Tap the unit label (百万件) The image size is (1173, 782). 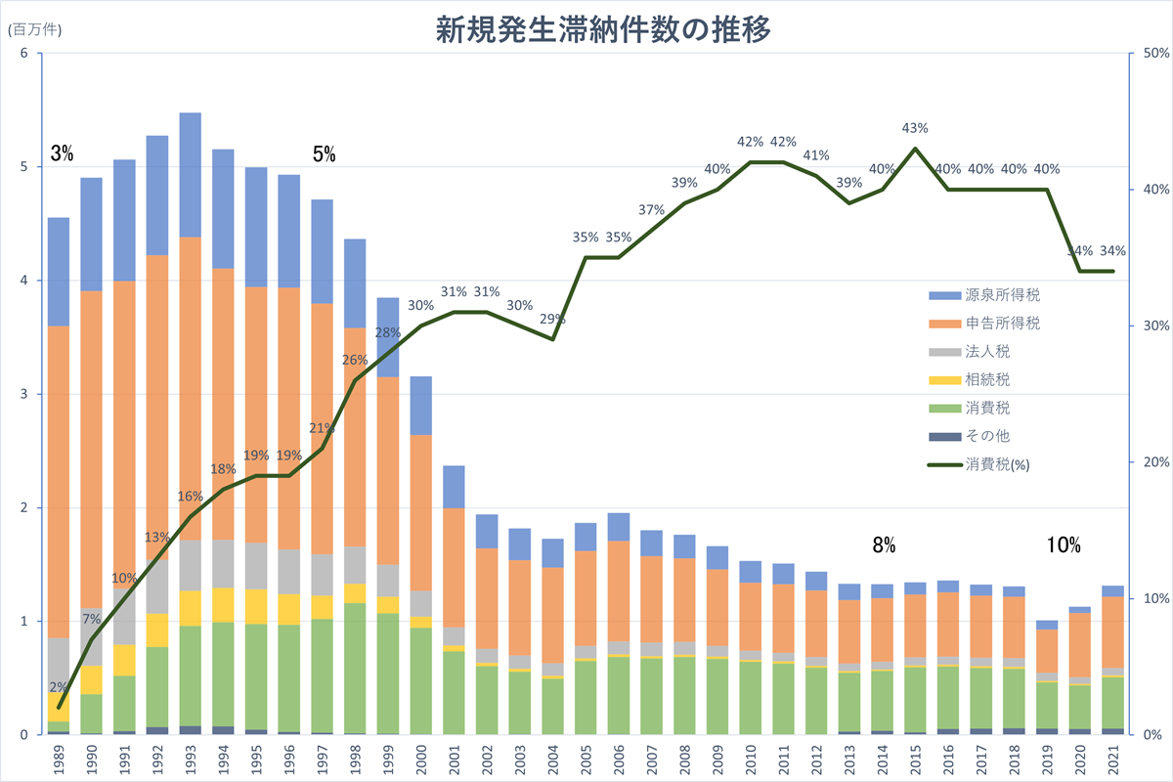click(34, 29)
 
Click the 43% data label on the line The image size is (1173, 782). click(915, 128)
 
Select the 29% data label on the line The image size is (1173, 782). click(553, 319)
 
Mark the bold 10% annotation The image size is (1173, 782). click(1064, 546)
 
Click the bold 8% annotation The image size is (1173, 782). click(884, 546)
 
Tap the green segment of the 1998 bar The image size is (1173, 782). click(354, 665)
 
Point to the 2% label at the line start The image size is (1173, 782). click(59, 686)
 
